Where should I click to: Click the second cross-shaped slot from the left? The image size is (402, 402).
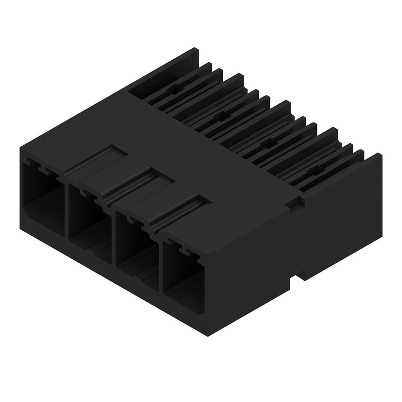220,116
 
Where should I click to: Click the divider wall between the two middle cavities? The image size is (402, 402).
114,235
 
